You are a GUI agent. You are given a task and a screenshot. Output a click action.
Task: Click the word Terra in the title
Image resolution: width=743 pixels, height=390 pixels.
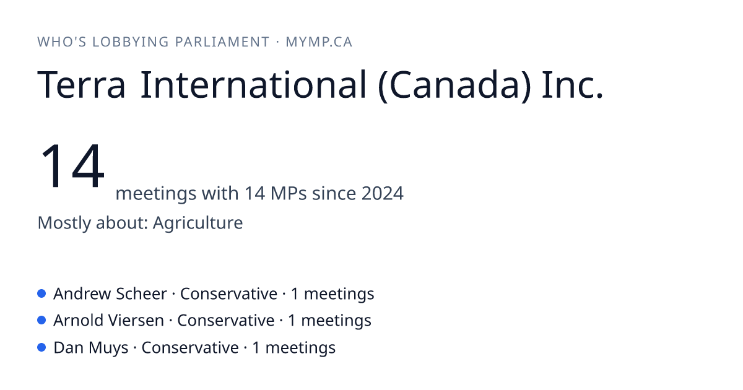click(81, 85)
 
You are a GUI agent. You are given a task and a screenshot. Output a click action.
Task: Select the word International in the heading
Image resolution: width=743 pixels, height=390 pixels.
click(254, 84)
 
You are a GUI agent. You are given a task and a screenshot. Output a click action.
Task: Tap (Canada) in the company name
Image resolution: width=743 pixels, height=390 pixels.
click(454, 85)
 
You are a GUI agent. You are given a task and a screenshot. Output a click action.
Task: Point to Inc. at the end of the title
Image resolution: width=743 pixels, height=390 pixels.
click(572, 85)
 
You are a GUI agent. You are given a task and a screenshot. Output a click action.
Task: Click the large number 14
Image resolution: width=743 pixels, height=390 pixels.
click(72, 165)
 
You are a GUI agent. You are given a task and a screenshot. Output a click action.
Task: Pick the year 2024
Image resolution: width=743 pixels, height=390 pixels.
click(383, 193)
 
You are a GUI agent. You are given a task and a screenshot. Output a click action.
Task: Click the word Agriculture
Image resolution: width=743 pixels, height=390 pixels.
click(198, 222)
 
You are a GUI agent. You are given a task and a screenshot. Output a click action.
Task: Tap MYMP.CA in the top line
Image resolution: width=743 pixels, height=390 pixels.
click(319, 42)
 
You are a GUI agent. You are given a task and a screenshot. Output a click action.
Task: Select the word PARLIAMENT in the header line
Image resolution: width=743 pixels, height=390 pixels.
click(222, 42)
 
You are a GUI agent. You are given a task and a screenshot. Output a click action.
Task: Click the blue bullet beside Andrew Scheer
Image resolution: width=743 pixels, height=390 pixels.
click(41, 293)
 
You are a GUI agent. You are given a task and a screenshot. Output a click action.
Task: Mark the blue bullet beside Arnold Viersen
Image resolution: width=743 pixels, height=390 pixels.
click(41, 321)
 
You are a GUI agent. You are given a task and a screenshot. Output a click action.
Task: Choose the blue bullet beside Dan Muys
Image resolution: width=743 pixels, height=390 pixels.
click(41, 347)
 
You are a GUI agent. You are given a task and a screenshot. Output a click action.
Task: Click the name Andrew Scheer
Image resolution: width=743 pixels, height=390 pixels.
click(110, 294)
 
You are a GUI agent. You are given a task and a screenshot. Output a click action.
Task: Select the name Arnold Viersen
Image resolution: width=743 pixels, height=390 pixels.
click(109, 321)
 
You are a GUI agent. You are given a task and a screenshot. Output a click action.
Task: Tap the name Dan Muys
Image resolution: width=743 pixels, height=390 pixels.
click(91, 348)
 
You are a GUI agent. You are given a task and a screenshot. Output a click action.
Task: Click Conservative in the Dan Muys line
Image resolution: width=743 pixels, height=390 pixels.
click(190, 348)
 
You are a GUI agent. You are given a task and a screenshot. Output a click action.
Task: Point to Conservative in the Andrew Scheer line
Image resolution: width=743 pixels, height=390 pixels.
click(228, 294)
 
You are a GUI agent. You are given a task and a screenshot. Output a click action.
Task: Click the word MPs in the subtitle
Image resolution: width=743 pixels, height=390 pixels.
click(289, 193)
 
